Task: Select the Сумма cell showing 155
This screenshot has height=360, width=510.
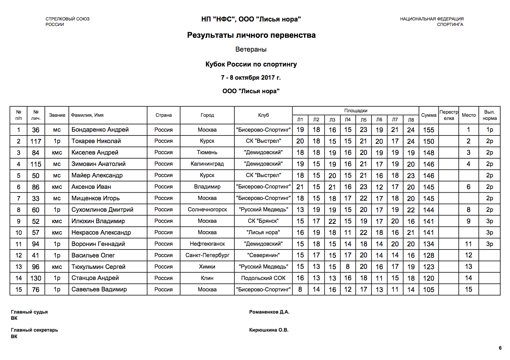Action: point(428,130)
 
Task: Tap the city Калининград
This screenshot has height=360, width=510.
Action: point(207,164)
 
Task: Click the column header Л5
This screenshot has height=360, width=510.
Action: point(364,120)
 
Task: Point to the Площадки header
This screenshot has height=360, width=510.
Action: point(356,111)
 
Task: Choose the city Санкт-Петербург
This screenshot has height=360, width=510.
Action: point(207,255)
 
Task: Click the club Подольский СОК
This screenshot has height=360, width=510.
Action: point(263,278)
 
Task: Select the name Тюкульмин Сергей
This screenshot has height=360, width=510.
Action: point(98,267)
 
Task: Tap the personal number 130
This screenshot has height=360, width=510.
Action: point(36,278)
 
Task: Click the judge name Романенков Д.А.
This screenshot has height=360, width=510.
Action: point(269,312)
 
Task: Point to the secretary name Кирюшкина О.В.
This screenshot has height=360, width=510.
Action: point(269,330)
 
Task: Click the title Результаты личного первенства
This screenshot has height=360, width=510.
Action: point(251,35)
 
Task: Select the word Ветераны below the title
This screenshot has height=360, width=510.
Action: point(251,49)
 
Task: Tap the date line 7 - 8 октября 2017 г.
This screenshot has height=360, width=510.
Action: point(251,78)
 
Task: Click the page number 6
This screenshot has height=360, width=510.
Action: point(500,348)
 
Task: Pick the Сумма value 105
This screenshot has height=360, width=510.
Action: point(428,290)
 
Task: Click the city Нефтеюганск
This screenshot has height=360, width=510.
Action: point(207,244)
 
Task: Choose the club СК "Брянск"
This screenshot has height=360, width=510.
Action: point(263,221)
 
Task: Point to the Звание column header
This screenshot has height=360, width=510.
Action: point(57,115)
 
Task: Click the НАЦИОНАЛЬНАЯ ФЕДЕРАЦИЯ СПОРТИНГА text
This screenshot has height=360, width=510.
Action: point(432,21)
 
